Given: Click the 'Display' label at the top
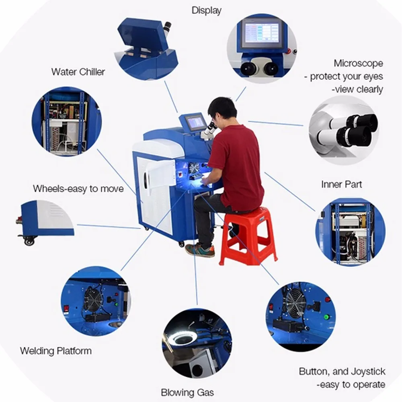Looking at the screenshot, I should pos(206,10).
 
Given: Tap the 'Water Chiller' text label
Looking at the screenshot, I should pos(78,72).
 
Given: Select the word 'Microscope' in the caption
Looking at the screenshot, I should pos(358,63).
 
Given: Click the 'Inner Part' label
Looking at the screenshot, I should pos(341,184).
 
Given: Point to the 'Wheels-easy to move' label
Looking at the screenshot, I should pos(78,188).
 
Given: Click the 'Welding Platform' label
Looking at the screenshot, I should pos(56,351).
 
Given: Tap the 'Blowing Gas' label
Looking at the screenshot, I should pos(187,392).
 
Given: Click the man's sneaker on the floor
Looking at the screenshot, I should pos(199,250).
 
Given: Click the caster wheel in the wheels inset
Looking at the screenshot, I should pos(29,240).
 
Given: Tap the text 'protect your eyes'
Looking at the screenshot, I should pos(347,76).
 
